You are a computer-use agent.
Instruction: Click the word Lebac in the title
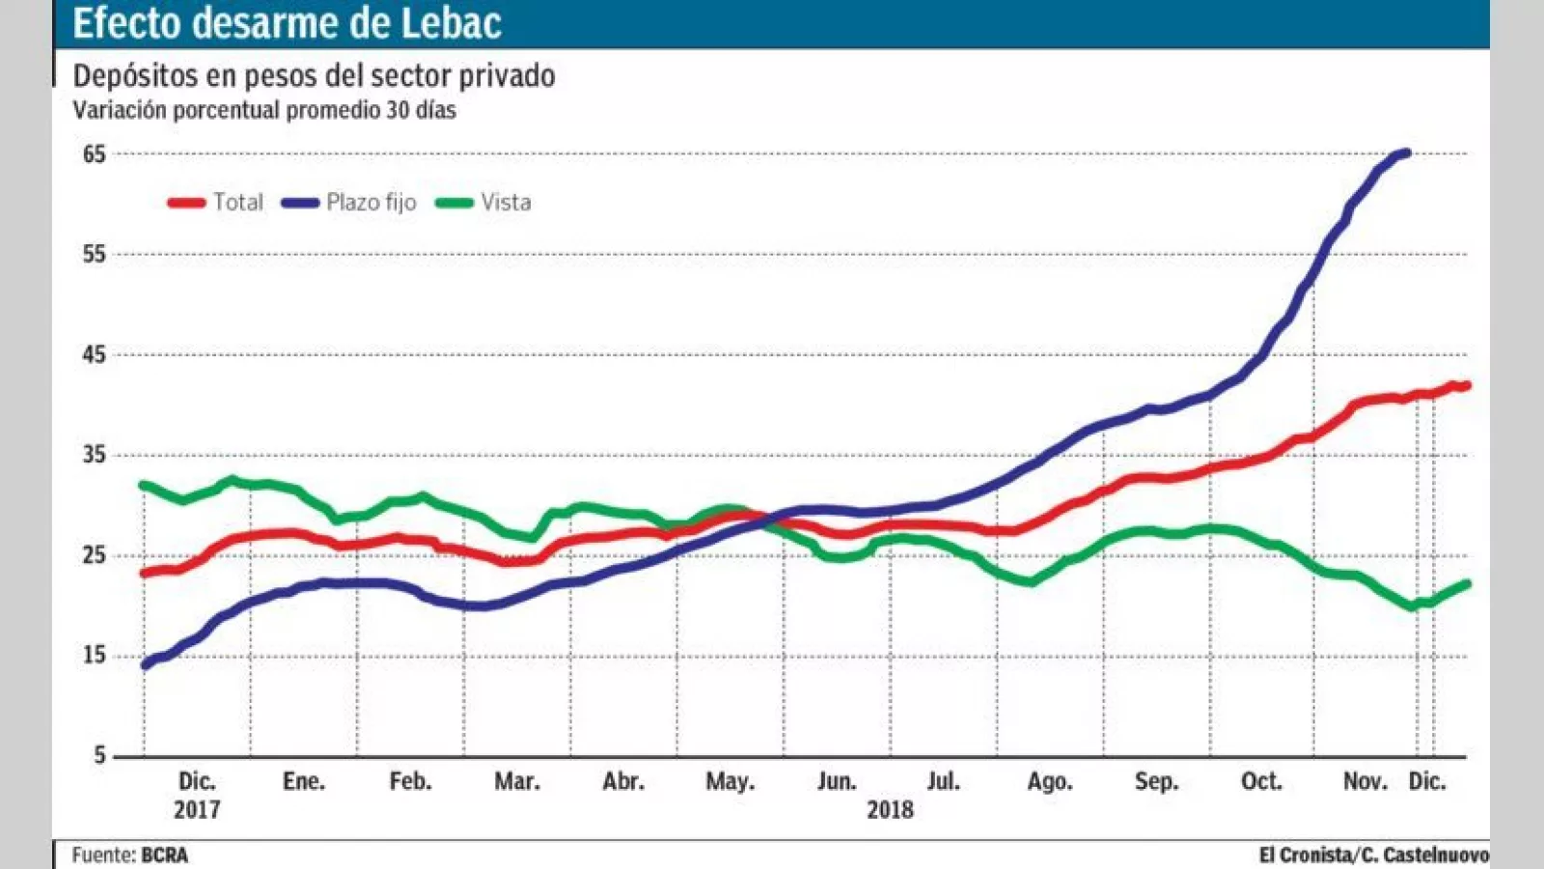[451, 23]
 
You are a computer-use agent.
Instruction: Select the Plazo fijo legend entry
[349, 202]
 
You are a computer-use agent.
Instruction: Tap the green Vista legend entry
[483, 202]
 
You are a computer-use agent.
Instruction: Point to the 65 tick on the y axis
[94, 154]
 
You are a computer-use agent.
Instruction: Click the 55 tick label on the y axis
[94, 254]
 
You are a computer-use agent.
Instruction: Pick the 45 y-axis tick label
[94, 354]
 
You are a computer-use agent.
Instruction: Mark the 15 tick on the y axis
[94, 656]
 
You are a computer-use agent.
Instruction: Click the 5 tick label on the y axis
[99, 756]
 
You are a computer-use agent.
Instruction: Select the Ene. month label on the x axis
[303, 781]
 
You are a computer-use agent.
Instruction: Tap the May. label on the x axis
[730, 781]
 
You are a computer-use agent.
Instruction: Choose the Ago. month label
[1049, 781]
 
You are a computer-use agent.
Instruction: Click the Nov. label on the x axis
[1365, 781]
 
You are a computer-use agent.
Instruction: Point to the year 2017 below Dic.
[197, 809]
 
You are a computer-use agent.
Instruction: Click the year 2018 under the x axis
[890, 809]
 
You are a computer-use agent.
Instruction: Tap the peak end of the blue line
[1406, 153]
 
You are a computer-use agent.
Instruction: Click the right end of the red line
[1466, 386]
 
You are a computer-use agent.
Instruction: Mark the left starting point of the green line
[145, 486]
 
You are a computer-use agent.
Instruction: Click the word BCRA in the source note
[164, 855]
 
